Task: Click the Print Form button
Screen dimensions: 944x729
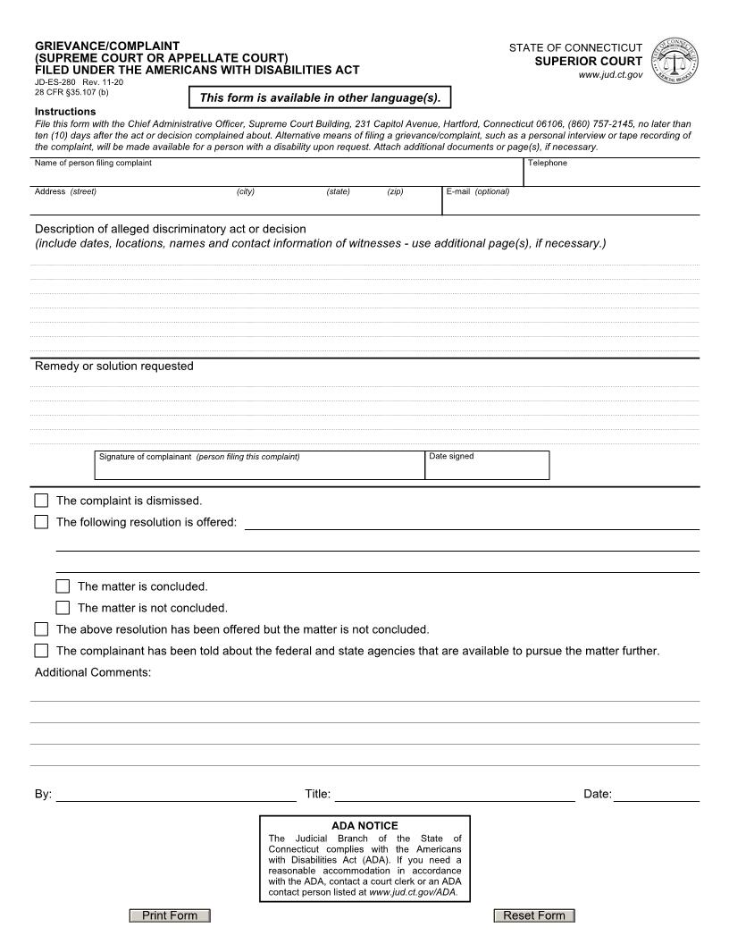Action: [170, 915]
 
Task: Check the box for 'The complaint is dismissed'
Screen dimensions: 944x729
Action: [41, 501]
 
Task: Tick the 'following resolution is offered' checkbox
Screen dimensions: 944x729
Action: [41, 522]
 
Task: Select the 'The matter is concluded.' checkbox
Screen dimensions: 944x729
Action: [63, 586]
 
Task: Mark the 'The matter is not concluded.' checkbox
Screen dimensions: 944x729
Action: [63, 608]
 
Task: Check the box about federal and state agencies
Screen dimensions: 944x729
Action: [41, 651]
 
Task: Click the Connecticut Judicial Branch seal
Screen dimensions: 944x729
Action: [676, 61]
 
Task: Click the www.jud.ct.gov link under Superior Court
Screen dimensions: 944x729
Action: [610, 75]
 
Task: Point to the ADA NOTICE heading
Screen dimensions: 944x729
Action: [364, 825]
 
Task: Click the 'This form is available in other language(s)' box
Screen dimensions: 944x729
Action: [320, 97]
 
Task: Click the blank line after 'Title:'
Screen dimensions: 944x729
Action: [455, 794]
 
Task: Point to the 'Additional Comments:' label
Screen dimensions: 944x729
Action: [93, 672]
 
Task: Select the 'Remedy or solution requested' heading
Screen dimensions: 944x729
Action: [113, 366]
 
